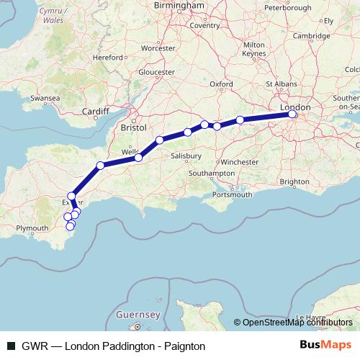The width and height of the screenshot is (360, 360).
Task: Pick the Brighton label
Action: point(294,182)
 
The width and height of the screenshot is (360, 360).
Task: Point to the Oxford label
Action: point(221,84)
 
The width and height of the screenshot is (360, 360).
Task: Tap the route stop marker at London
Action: point(292,114)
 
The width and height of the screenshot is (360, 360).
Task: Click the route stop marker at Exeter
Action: point(72,196)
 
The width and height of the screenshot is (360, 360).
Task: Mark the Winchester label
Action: point(239,161)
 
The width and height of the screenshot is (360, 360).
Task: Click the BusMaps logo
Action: point(325,345)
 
